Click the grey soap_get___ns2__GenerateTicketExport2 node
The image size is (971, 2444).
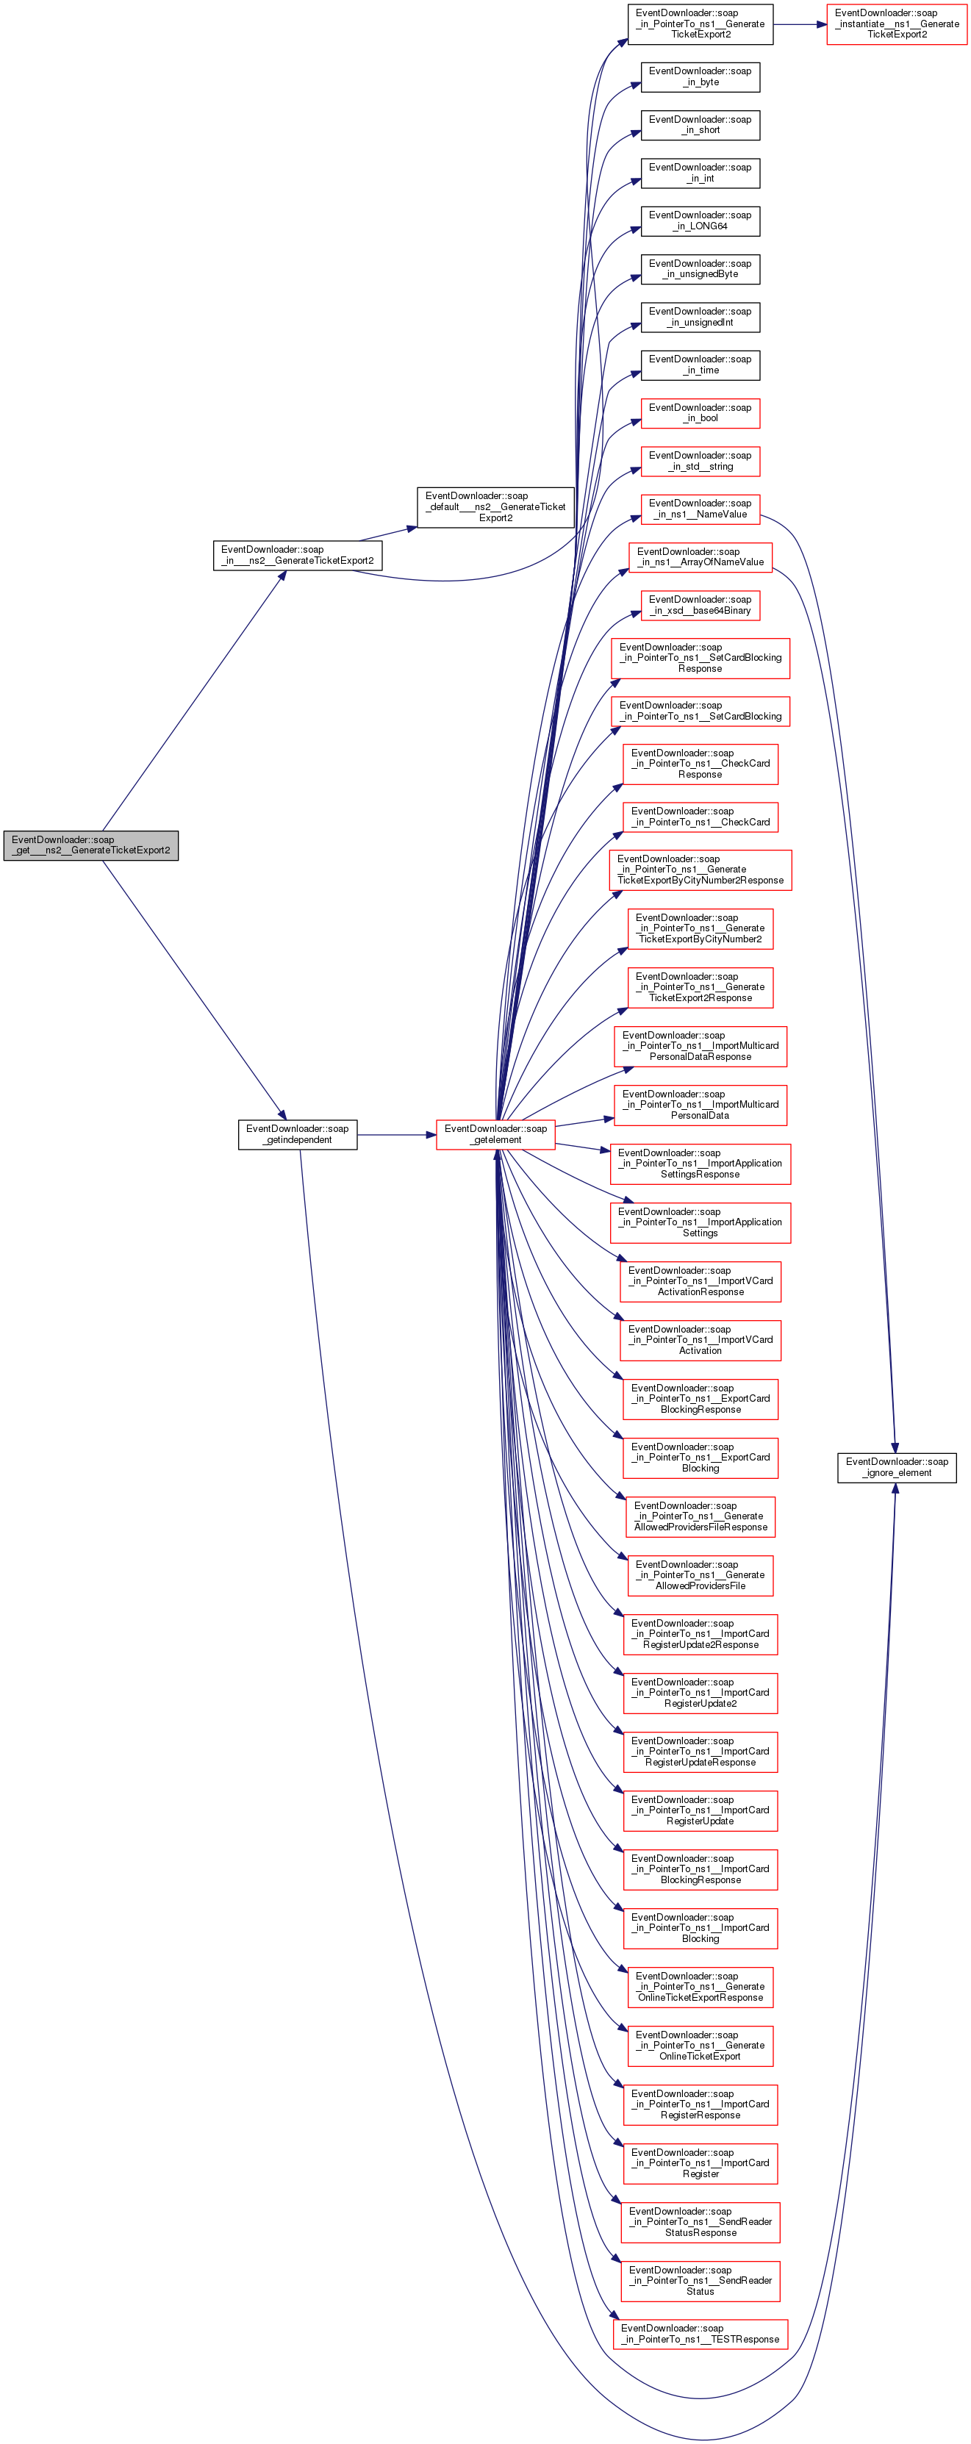pos(91,845)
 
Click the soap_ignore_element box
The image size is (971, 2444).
pos(896,1467)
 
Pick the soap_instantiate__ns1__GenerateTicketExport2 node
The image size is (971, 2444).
pos(896,24)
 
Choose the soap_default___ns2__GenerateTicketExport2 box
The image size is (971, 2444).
pos(495,506)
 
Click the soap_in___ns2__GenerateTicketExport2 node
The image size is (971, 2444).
pos(297,555)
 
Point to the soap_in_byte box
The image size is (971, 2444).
pos(700,77)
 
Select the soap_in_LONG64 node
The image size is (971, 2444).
pos(700,221)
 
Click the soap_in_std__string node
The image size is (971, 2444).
pos(700,461)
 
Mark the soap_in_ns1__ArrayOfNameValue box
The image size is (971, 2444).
pos(700,557)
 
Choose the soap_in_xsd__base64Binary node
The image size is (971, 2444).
pos(700,606)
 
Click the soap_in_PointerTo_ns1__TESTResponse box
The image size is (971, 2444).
pos(700,2334)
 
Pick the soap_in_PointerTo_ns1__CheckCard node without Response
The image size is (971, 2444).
pos(700,817)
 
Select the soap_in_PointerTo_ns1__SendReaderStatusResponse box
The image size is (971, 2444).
pos(700,2222)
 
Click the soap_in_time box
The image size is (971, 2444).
pos(700,365)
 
